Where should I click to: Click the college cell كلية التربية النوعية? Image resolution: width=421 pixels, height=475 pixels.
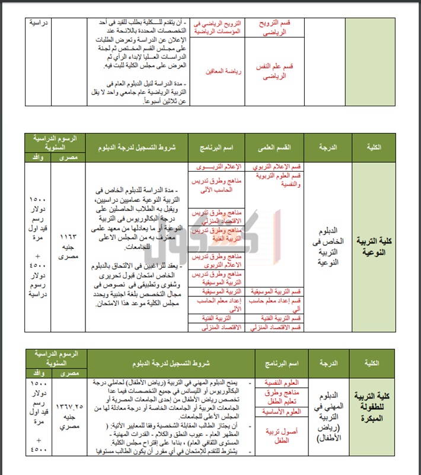pos(378,246)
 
